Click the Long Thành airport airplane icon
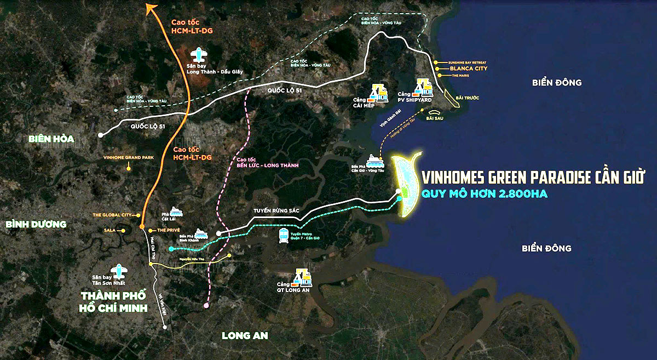coord(198,55)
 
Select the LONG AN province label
coord(245,335)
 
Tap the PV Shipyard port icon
coord(424,87)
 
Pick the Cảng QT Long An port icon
coord(302,277)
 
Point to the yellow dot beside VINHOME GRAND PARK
coord(128,169)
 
